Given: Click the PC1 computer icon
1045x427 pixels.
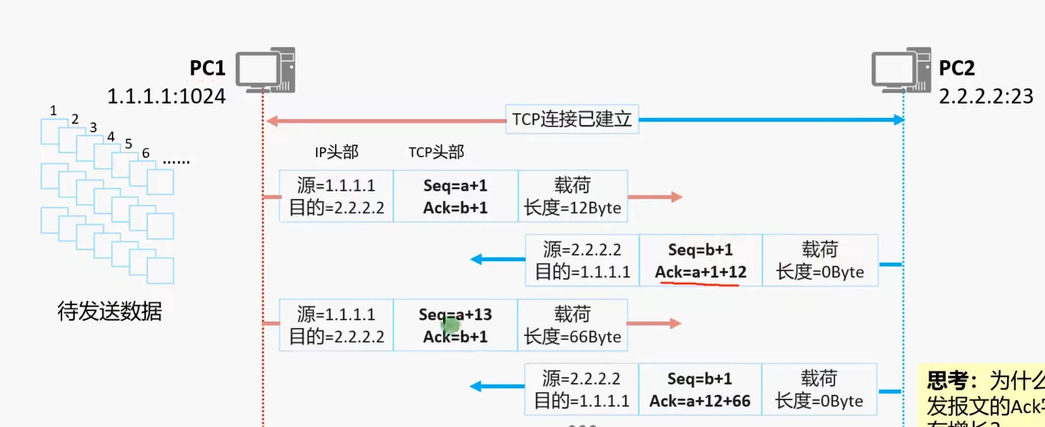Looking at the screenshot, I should [265, 70].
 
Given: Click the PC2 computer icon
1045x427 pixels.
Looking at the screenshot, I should [901, 70].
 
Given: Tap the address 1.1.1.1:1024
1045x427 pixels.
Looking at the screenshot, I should [166, 96].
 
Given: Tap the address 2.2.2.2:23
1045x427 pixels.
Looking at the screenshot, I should [986, 96].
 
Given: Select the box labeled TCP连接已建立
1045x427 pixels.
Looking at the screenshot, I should [572, 119].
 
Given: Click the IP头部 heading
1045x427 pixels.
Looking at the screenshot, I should [337, 152].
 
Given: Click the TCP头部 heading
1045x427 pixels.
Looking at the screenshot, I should [436, 152].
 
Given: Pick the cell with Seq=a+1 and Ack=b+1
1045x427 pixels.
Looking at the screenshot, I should [455, 196].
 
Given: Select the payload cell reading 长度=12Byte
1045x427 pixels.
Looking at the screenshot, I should [573, 196].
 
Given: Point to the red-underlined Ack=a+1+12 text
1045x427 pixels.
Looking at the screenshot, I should [701, 272].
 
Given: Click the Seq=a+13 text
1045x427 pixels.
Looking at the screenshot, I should [455, 314].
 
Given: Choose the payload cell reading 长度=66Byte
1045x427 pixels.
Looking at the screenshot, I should [573, 325].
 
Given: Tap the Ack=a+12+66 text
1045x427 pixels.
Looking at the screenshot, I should [700, 401].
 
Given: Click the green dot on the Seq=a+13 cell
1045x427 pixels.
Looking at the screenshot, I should [450, 324].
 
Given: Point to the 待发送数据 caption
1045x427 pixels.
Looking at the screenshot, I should [109, 311].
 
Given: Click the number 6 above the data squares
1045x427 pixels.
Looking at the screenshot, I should [146, 153].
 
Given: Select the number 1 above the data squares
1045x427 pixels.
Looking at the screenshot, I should [53, 110].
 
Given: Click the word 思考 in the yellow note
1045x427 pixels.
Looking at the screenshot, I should [947, 380].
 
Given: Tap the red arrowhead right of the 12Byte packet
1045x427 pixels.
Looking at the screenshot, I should [677, 197].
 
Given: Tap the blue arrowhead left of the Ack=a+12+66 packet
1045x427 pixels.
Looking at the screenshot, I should [475, 387].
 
